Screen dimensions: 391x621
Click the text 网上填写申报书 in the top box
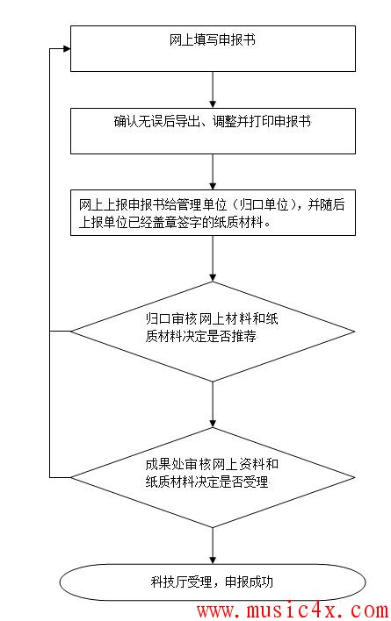click(212, 40)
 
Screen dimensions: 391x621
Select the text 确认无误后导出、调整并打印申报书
click(213, 121)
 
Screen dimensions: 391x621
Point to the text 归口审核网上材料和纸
click(212, 318)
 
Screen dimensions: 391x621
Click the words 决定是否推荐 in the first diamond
click(220, 336)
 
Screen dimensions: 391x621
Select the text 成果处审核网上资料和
click(212, 464)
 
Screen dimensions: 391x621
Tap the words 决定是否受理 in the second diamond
click(232, 482)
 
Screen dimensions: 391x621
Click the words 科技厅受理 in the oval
click(181, 582)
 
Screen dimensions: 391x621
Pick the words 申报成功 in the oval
click(249, 582)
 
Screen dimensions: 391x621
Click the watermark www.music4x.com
click(293, 610)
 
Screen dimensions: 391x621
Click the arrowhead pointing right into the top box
click(67, 49)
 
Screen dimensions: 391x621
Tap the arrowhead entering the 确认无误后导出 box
click(213, 104)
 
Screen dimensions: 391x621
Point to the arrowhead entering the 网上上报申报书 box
click(213, 186)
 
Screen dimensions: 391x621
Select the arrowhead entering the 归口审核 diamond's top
click(213, 277)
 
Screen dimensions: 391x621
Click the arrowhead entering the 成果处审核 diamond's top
click(213, 424)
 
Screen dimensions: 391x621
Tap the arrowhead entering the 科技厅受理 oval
click(213, 560)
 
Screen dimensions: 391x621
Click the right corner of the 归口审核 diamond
click(354, 332)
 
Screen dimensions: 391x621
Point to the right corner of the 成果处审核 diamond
click(354, 477)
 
